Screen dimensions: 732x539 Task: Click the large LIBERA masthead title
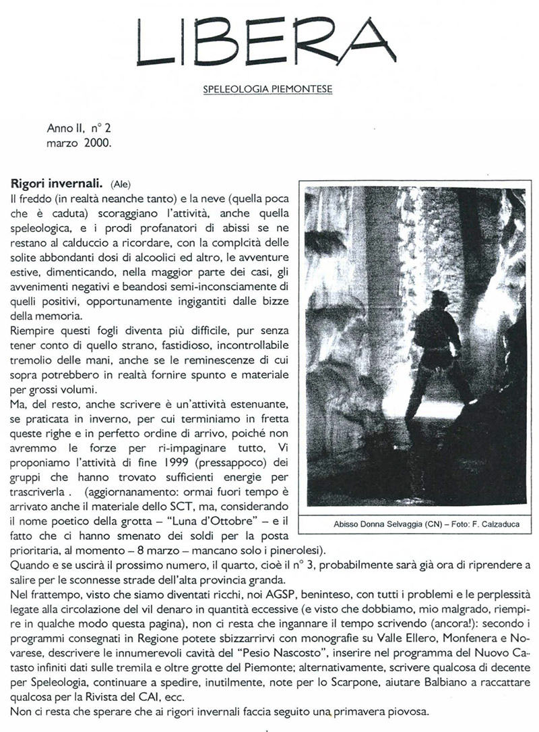267,42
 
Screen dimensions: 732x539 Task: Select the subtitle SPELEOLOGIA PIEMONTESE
267,88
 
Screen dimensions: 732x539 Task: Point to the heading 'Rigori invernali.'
57,183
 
